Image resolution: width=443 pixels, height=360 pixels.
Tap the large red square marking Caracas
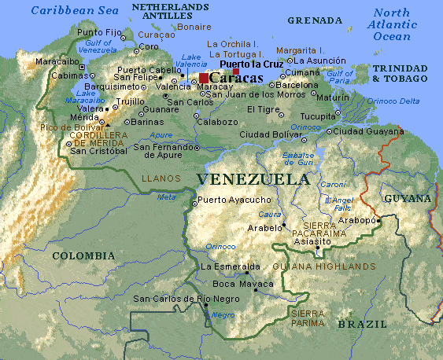(205, 78)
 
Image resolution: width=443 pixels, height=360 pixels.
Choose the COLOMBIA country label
(83, 255)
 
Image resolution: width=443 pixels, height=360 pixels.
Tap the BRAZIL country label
(362, 324)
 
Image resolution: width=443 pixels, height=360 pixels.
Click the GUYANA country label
(407, 199)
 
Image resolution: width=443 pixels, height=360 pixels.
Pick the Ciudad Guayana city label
(367, 130)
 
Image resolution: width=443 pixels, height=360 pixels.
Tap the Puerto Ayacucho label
(234, 200)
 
